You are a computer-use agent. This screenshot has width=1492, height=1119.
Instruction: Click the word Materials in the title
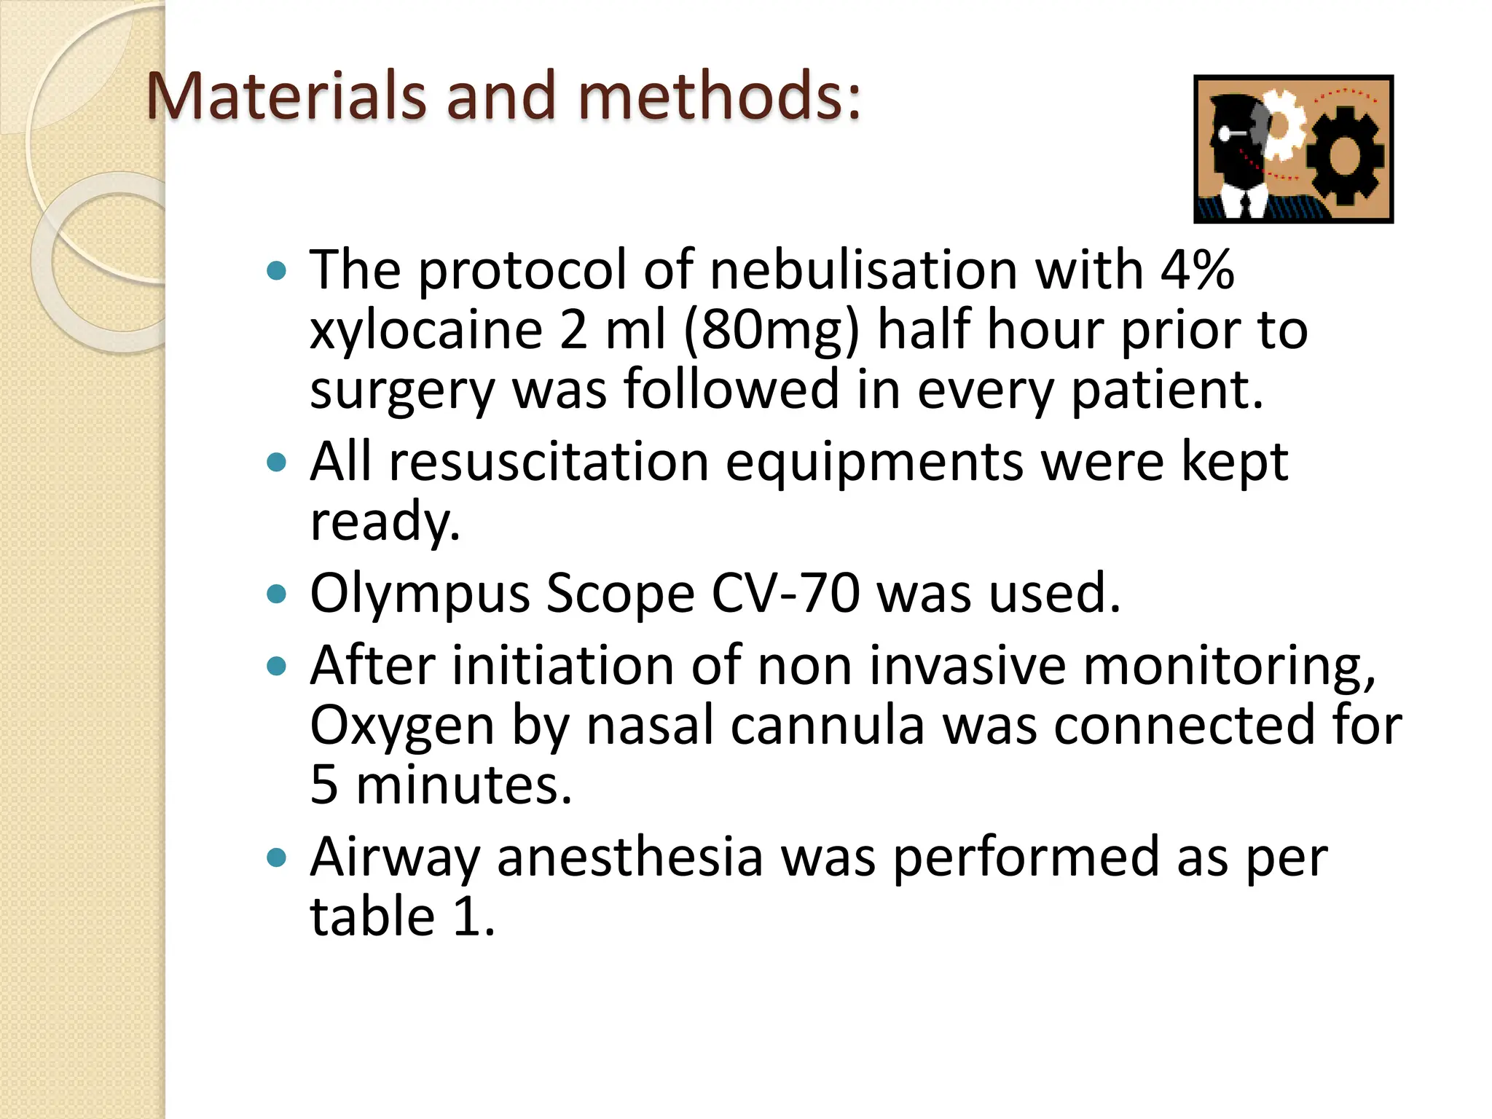285,96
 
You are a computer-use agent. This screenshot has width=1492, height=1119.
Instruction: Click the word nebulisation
863,270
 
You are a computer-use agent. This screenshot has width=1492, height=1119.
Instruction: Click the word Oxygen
402,727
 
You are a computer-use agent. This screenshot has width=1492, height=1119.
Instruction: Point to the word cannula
827,726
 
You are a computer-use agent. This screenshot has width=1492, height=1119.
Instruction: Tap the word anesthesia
630,857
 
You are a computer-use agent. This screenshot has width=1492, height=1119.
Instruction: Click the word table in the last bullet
372,916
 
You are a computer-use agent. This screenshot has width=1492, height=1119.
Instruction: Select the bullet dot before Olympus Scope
277,594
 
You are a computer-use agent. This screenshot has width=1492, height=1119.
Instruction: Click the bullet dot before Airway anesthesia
277,857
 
